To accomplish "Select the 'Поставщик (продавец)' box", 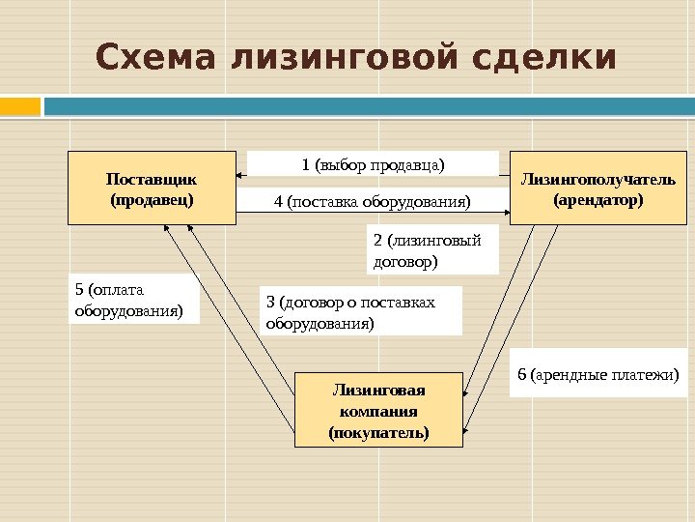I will [153, 188].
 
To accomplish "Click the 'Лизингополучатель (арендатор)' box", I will [598, 188].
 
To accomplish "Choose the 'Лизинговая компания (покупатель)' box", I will [378, 410].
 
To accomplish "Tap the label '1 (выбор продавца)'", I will [373, 163].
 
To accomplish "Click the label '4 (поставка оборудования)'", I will [373, 201].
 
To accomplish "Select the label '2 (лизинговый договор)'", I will [432, 250].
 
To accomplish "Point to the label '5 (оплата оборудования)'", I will [133, 300].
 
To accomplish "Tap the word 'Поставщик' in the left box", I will [152, 179].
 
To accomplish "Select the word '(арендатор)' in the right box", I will [598, 200].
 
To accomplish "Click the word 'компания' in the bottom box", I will [378, 411].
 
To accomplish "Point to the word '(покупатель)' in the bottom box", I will [378, 431].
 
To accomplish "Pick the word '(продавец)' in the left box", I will [152, 200].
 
